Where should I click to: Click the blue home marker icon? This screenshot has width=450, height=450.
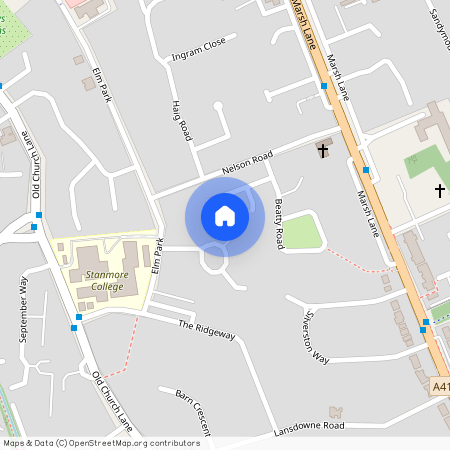coord(225,216)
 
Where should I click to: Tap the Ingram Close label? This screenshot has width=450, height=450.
coord(200,51)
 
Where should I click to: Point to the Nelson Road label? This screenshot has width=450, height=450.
coord(247,163)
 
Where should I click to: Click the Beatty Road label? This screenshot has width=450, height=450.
coord(279,224)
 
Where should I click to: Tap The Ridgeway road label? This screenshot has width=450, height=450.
coord(206,330)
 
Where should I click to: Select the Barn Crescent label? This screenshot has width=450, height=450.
coord(192,410)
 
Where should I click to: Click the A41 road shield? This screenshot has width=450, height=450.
coord(441,386)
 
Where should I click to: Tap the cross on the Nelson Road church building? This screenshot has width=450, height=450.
coord(322,151)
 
